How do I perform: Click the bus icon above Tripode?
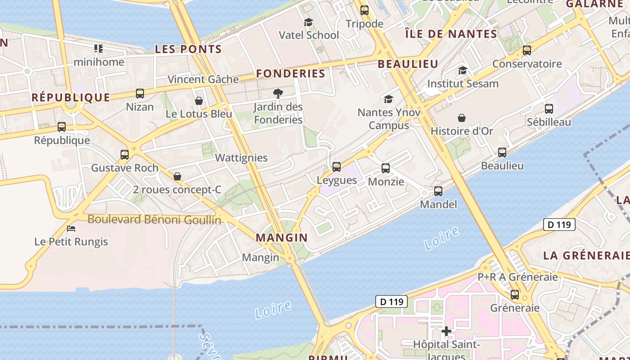tap(364, 10)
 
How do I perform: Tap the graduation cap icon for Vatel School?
tap(308, 22)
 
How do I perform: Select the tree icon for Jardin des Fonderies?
tap(278, 94)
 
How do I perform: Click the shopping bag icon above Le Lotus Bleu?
tap(199, 101)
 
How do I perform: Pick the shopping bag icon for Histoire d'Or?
tap(462, 118)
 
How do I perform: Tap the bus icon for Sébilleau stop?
tap(549, 108)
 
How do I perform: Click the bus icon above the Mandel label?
tap(438, 191)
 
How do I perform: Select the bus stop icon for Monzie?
tap(386, 168)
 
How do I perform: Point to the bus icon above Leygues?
tap(337, 167)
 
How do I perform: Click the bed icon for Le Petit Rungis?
tap(71, 229)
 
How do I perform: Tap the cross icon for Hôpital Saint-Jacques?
tap(446, 332)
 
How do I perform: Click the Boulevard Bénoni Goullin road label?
tap(154, 220)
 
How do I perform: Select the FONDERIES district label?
tap(291, 74)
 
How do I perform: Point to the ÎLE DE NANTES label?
tap(451, 34)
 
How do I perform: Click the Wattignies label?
tap(241, 158)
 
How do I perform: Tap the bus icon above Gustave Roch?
tap(125, 155)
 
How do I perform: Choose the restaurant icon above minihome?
tap(99, 49)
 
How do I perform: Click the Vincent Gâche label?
tap(203, 80)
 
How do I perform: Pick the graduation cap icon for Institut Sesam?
tap(463, 70)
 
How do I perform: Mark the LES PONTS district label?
tap(189, 49)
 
